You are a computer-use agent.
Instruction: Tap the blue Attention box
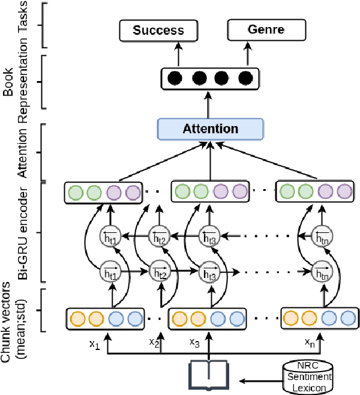(x=210, y=128)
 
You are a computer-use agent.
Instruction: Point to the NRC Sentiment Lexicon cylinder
(x=307, y=375)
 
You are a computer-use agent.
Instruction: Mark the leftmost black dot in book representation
(x=175, y=78)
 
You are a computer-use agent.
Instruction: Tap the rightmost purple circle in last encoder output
(x=343, y=193)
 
